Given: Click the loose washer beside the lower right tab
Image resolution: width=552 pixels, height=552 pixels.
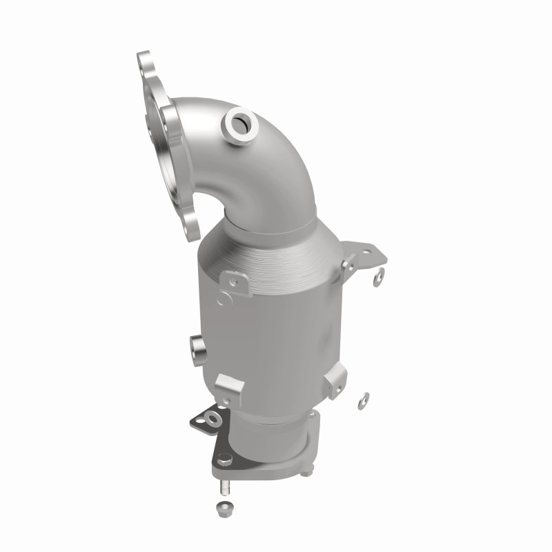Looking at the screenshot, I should (x=363, y=400).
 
